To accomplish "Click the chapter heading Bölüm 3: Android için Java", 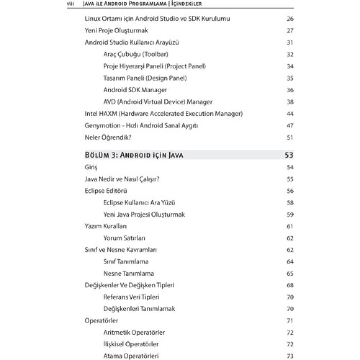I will (x=134, y=155).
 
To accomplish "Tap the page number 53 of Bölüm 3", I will (x=289, y=155).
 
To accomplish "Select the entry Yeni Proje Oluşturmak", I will (x=116, y=31).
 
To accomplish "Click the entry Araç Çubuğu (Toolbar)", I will (x=135, y=54).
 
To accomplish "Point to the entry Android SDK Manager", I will (x=135, y=90).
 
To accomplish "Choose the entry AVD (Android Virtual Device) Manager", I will (x=158, y=102).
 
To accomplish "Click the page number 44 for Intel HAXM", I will (x=290, y=114).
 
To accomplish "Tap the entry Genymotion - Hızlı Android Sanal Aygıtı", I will (x=141, y=126).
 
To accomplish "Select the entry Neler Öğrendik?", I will (x=108, y=137).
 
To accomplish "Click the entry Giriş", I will (x=91, y=167).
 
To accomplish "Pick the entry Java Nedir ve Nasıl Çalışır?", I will (x=122, y=179).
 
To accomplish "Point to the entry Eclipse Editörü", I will (x=106, y=191).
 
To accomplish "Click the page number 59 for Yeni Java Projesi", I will (x=290, y=215).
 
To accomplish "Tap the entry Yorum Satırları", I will (x=124, y=238).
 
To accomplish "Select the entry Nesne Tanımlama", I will (x=129, y=273).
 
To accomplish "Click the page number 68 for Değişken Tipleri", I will (x=290, y=285).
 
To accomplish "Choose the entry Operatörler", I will (x=101, y=321).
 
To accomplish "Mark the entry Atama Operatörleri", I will (x=131, y=356).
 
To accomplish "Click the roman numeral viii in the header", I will (x=71, y=4).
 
